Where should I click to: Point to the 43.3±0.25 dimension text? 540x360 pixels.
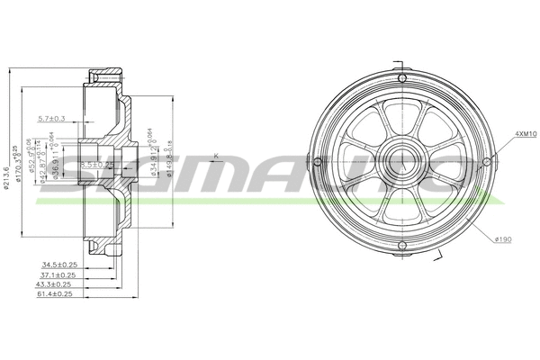click(57, 283)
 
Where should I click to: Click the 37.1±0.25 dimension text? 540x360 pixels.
click(57, 274)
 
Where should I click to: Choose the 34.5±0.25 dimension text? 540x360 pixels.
click(57, 265)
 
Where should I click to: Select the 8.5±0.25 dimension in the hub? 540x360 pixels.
click(96, 165)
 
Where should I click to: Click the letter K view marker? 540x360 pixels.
click(216, 157)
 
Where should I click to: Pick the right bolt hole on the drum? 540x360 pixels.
click(487, 162)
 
